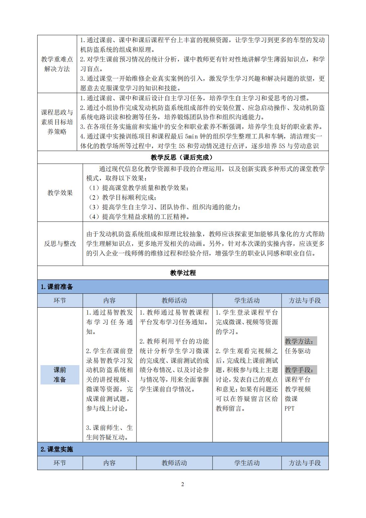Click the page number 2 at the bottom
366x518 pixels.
click(183, 484)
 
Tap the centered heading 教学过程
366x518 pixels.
click(183, 273)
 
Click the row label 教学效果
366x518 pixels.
click(60, 193)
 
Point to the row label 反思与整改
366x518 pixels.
click(60, 244)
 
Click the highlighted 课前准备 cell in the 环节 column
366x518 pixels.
click(60, 375)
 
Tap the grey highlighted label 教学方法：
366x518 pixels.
click(301, 341)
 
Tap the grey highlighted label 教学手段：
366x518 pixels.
click(301, 370)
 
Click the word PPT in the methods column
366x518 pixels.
click(290, 408)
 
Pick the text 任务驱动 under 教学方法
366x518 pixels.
click(298, 351)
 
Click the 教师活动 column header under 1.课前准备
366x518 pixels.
click(174, 300)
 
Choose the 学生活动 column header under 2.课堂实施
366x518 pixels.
click(247, 463)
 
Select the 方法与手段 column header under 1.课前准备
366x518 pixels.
click(305, 300)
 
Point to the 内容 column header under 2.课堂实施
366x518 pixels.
click(109, 463)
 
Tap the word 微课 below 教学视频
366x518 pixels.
click(291, 399)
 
